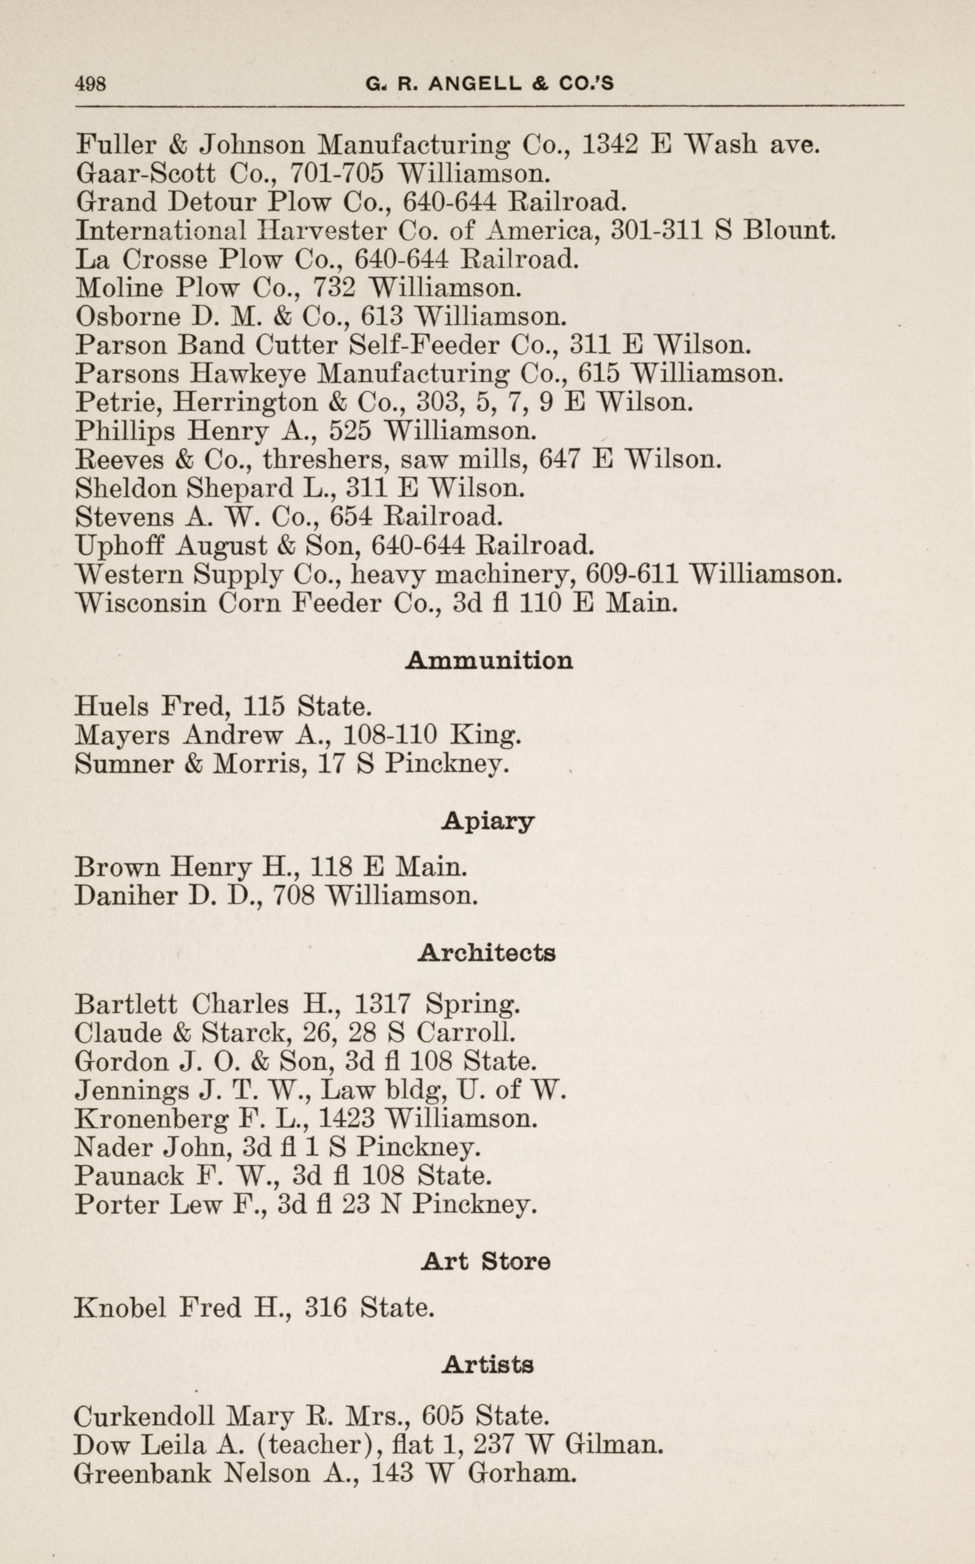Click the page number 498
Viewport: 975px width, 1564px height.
coord(90,84)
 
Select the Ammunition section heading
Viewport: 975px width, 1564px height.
coord(489,661)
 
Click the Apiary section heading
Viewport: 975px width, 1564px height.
coord(488,822)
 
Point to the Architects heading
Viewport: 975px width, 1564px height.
coord(486,952)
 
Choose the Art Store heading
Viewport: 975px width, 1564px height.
coord(486,1261)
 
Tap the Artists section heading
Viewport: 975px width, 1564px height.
coord(488,1364)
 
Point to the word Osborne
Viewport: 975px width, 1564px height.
coord(126,316)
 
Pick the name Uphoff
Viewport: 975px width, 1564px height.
coord(121,546)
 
